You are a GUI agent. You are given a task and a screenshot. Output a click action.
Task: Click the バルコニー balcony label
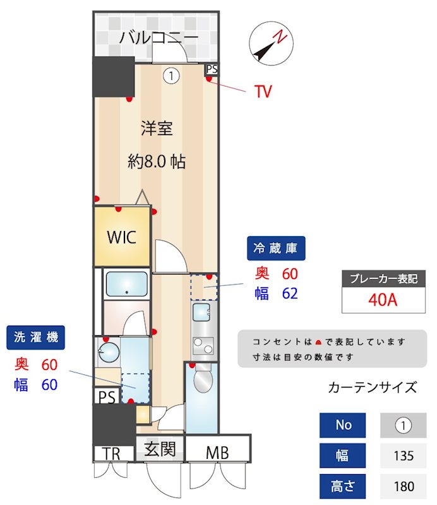(x=159, y=37)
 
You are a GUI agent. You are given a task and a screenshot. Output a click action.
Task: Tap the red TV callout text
(x=263, y=92)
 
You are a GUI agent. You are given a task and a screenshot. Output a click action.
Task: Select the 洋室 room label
(x=157, y=129)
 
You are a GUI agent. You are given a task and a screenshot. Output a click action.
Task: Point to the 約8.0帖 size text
(x=156, y=162)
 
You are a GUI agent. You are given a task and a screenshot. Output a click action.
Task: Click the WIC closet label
(x=121, y=237)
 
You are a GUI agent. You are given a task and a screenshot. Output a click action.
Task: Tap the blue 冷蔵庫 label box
(x=275, y=248)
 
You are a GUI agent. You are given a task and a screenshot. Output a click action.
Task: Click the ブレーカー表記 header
(x=383, y=278)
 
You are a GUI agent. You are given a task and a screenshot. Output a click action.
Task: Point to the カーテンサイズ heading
(x=373, y=387)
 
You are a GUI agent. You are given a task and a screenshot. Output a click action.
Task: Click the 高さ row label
(x=344, y=486)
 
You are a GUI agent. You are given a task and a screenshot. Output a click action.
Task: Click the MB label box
(x=217, y=451)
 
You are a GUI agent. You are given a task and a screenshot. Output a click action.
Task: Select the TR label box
(x=112, y=453)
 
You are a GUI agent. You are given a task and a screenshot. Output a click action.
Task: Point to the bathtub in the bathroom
(x=126, y=284)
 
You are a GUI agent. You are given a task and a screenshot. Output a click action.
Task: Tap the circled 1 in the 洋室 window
(x=171, y=76)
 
